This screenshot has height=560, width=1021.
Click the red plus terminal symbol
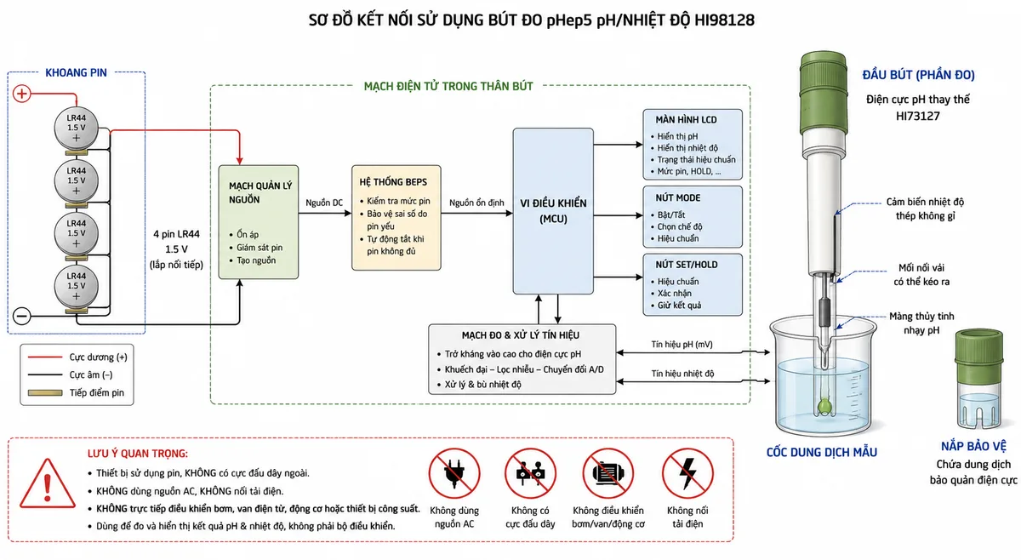[x=21, y=94]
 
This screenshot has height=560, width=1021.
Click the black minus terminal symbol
[x=21, y=316]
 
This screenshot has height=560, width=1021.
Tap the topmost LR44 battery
[x=76, y=129]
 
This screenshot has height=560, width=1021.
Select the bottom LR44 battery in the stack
[x=76, y=287]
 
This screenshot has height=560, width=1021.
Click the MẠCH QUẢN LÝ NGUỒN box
[x=259, y=222]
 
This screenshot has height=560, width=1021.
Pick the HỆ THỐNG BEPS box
[x=396, y=218]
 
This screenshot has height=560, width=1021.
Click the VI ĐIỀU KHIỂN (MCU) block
[x=553, y=211]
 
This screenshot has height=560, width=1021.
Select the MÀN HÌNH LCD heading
[x=686, y=120]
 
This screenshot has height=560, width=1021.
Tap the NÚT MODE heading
[x=678, y=198]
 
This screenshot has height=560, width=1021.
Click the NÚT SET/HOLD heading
[x=687, y=265]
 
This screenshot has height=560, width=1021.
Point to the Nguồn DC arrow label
[x=324, y=203]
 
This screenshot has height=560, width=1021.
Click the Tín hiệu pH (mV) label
[x=682, y=345]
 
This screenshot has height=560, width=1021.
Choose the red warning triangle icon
[x=48, y=484]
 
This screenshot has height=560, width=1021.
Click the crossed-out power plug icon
[x=454, y=473]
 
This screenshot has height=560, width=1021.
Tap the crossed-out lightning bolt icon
[x=687, y=473]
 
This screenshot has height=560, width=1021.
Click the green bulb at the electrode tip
[x=824, y=405]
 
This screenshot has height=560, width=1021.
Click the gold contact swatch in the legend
[x=44, y=392]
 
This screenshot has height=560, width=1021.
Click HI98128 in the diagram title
[x=724, y=20]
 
